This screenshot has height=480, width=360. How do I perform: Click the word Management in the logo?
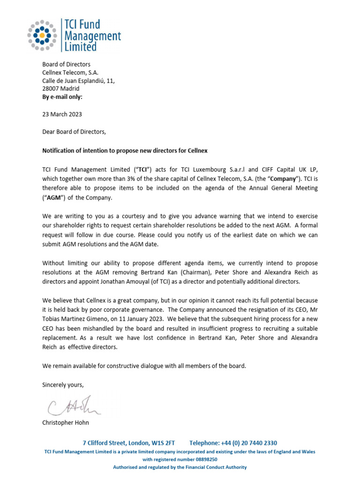tap(91, 36)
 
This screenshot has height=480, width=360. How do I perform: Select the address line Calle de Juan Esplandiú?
tap(78, 81)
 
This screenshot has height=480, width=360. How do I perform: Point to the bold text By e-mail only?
tap(62, 97)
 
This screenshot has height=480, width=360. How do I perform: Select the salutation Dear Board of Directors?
tap(74, 132)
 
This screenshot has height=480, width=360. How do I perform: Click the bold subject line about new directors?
tap(125, 150)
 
